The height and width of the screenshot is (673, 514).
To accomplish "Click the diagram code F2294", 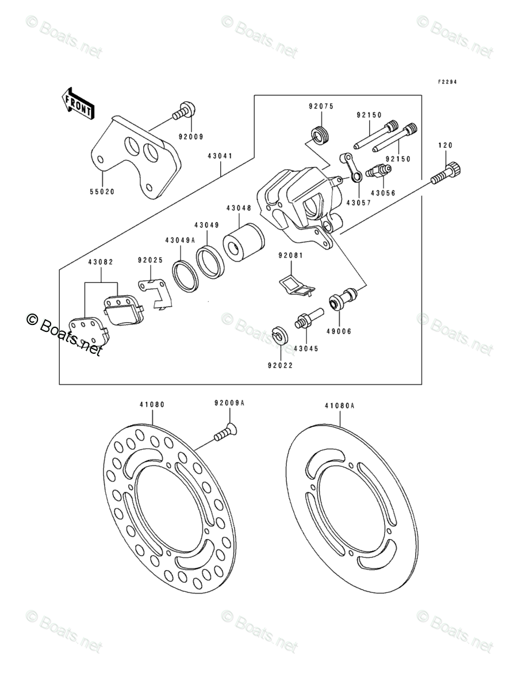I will coord(447,82).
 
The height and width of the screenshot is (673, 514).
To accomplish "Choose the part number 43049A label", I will coord(181,239).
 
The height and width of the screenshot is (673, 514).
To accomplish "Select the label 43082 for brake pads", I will coord(101,262).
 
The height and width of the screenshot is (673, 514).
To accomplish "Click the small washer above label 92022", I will coord(281,335).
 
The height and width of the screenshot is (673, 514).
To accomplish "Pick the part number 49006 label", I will coord(339,331).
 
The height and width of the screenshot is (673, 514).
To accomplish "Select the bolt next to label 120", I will coord(447,174).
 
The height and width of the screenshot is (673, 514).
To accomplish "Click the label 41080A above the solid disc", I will coord(339,406).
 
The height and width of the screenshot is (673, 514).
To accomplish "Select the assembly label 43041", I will coord(220,155).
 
